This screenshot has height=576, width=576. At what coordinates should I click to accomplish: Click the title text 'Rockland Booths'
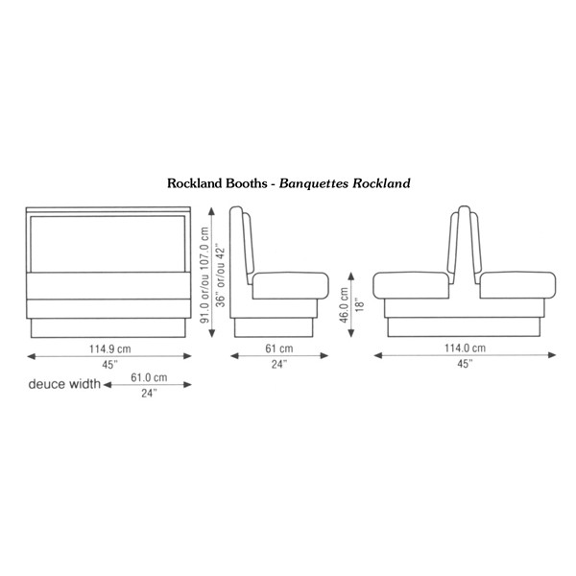pyautogui.click(x=219, y=182)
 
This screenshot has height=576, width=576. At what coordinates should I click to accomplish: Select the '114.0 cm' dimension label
pyautogui.click(x=464, y=348)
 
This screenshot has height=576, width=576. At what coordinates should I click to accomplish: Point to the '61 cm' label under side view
pyautogui.click(x=279, y=348)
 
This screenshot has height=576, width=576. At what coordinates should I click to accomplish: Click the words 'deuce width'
pyautogui.click(x=64, y=385)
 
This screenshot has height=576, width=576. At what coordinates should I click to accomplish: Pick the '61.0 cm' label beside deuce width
pyautogui.click(x=149, y=378)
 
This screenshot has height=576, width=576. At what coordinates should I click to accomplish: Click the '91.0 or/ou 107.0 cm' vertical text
pyautogui.click(x=205, y=275)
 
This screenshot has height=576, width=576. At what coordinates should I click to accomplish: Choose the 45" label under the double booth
pyautogui.click(x=464, y=365)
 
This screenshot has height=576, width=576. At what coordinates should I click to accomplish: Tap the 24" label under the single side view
pyautogui.click(x=279, y=365)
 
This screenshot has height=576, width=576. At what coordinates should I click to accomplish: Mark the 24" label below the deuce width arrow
pyautogui.click(x=149, y=393)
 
